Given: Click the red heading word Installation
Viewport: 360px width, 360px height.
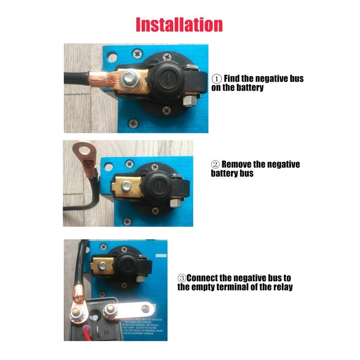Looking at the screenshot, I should (179, 24).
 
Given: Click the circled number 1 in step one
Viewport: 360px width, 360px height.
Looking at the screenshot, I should (217, 79).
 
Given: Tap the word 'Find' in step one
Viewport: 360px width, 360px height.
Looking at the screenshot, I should (234, 79).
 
